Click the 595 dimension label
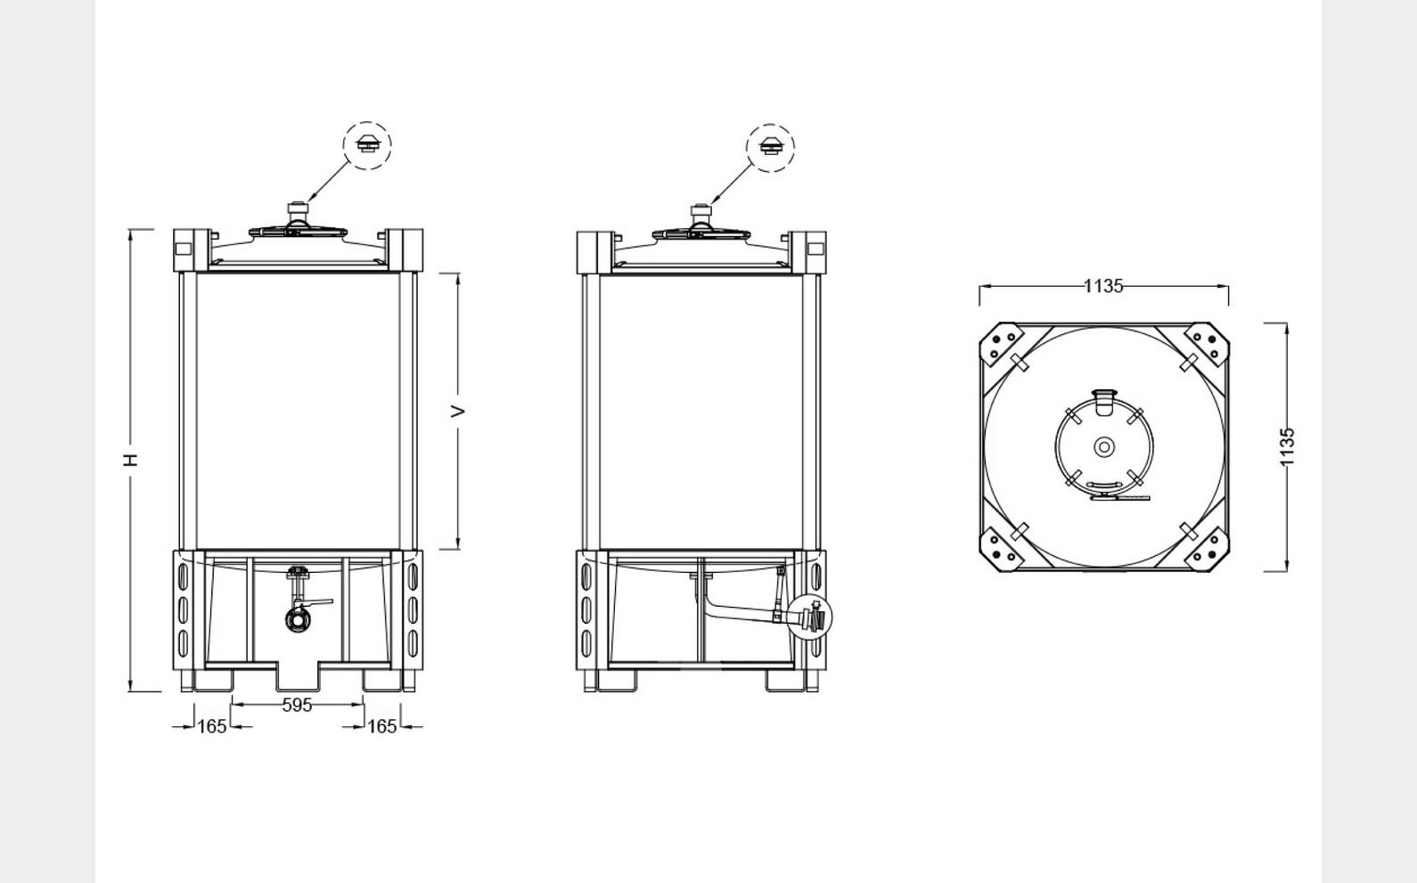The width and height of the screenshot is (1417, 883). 297,705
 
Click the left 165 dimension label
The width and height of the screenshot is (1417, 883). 211,726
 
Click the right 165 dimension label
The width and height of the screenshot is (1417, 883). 381,726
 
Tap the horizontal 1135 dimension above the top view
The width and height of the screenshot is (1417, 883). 1103,286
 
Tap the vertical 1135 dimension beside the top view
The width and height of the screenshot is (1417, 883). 1287,446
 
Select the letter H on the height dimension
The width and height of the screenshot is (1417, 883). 131,460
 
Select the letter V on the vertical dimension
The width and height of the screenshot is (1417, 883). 458,411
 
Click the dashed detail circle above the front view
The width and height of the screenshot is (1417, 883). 367,145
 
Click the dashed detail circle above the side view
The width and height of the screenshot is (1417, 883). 770,148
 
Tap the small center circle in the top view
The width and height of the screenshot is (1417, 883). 1104,446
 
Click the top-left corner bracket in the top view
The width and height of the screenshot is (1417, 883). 1001,346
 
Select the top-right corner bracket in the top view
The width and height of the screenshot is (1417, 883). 1208,345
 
